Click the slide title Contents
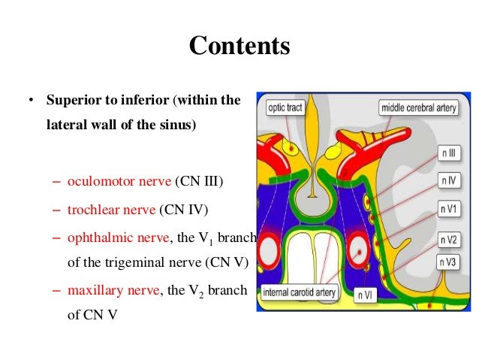pos(239,46)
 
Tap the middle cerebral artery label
pos(418,107)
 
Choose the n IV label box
pos(449,181)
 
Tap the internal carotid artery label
pos(300,292)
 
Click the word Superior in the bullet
pos(72,101)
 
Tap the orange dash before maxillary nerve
pos(58,290)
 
